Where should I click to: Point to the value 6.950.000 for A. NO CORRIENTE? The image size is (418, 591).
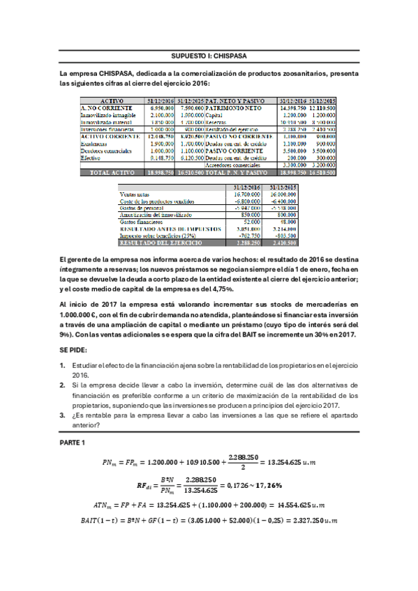(163, 108)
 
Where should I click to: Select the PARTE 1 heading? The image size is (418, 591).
(73, 443)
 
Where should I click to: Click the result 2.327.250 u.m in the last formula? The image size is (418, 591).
(326, 521)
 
